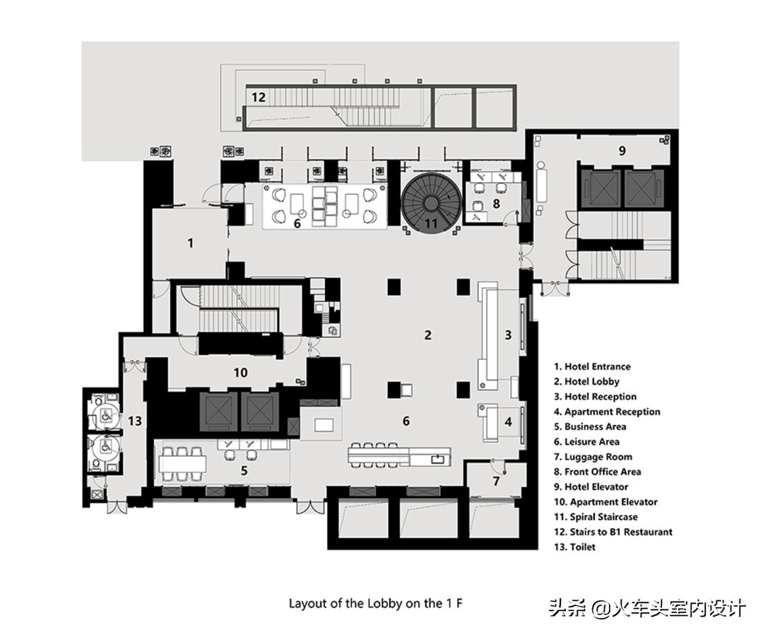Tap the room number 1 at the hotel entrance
190,243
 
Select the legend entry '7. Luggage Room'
593,457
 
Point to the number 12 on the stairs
259,97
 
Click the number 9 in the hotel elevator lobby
622,151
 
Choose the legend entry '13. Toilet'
574,547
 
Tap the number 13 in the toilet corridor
135,421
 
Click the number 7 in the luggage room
496,481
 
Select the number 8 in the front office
496,204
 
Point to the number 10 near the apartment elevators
240,372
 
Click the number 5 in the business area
244,469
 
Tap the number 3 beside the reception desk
507,334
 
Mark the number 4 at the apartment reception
507,422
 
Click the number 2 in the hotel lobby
427,334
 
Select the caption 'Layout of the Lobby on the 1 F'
376,603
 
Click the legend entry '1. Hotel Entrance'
592,366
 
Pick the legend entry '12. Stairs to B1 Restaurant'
613,532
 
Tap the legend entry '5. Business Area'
589,426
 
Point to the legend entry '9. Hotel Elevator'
591,487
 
